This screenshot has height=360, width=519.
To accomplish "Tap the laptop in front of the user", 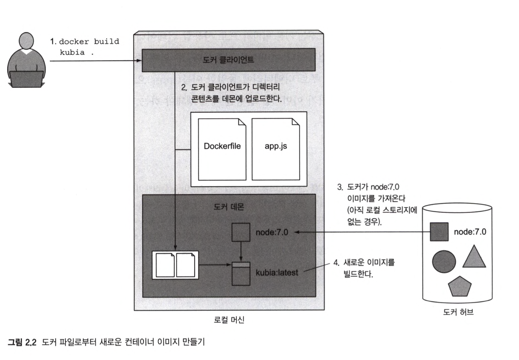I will click(26, 79).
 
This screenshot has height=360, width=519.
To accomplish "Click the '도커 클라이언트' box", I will click(228, 60).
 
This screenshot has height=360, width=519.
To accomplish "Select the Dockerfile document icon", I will click(222, 149).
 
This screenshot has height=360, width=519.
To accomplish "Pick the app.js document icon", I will click(275, 149).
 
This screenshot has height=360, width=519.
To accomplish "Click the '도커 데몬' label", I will click(228, 207).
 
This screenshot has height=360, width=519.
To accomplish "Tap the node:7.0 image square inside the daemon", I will click(241, 232).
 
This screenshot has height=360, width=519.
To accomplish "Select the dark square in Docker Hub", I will click(439, 232).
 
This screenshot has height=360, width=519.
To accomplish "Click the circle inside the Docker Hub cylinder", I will click(444, 262).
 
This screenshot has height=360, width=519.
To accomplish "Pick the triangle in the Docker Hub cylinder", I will click(474, 258).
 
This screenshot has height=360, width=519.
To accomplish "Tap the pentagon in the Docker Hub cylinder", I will click(460, 286).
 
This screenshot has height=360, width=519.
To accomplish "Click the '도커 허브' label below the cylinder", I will click(458, 312).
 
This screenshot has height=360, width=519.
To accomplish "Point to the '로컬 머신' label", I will click(229, 319).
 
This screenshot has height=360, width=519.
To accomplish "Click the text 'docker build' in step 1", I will click(89, 41).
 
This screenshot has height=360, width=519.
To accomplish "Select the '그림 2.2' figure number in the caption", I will click(22, 342).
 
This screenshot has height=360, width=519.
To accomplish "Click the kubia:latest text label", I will click(277, 272).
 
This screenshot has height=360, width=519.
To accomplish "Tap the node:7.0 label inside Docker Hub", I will click(470, 232).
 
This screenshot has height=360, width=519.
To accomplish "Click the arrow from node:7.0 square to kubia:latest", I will click(241, 252).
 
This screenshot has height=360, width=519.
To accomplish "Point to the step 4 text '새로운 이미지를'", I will click(369, 262).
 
